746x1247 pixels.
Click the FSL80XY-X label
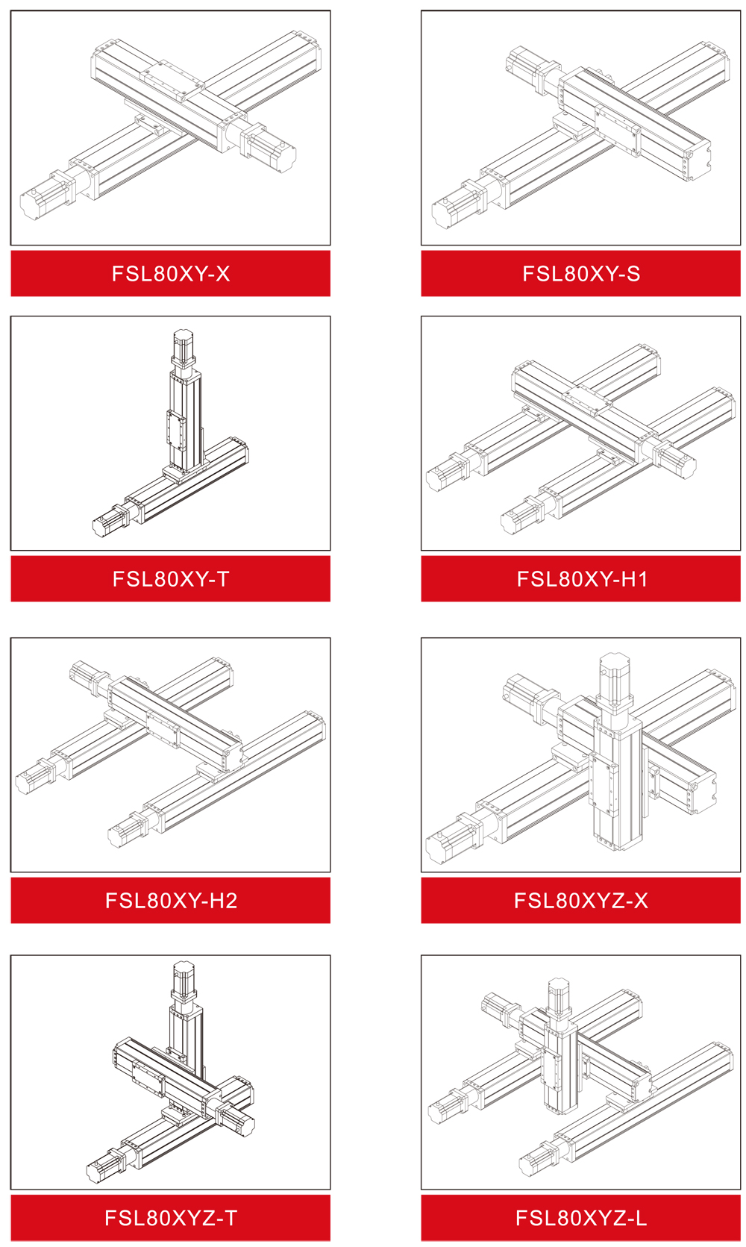click(170, 273)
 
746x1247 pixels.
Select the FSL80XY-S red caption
click(581, 273)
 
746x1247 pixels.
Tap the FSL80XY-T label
click(170, 579)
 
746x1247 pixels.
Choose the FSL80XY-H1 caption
click(582, 579)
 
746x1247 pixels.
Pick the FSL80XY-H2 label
click(171, 900)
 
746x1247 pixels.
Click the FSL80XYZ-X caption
click(581, 900)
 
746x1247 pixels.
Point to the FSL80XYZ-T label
click(171, 1218)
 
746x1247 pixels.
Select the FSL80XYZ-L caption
click(581, 1218)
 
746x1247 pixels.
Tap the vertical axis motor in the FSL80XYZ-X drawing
click(615, 681)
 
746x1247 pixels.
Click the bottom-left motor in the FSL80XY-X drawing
click(47, 196)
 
